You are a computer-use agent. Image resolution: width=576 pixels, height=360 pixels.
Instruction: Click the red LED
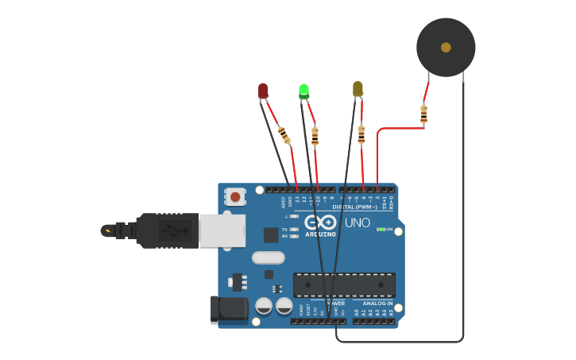click(x=263, y=91)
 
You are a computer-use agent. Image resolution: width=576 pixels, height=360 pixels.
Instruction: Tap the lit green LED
click(x=303, y=91)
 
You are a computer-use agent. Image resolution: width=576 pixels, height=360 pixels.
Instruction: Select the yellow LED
click(x=358, y=88)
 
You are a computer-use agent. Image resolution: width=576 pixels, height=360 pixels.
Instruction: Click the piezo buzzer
click(x=446, y=48)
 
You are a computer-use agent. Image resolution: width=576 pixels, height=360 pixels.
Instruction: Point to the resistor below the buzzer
click(x=423, y=114)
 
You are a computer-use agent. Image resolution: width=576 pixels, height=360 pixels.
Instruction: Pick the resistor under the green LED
click(x=315, y=136)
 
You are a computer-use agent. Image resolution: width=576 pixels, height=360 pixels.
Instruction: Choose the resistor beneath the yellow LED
click(x=361, y=134)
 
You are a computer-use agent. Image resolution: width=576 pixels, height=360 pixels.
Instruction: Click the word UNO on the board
click(x=357, y=223)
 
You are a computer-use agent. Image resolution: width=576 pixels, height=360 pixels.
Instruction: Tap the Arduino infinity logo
click(x=321, y=222)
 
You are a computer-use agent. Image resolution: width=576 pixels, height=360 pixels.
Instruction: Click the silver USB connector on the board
click(x=222, y=230)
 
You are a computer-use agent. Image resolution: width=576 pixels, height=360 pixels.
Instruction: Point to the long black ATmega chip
click(x=344, y=285)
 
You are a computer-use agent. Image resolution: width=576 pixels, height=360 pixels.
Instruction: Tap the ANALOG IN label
click(x=377, y=303)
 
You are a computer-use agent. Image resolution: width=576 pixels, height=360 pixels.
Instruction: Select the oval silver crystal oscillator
click(x=269, y=257)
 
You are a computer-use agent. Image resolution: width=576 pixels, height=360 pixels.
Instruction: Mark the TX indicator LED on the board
click(x=294, y=229)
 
